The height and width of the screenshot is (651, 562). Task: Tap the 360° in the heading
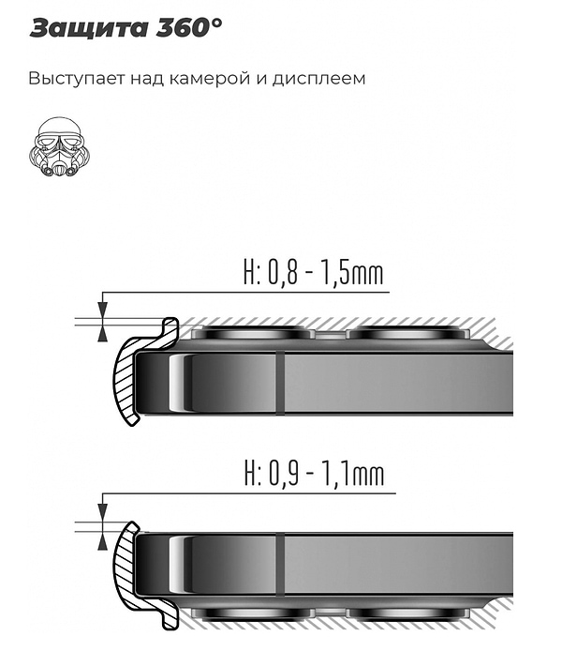191,27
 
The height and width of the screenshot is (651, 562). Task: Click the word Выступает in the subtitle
68,78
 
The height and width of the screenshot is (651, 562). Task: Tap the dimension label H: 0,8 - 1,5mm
313,273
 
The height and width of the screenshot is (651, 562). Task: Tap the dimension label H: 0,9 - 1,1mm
313,474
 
